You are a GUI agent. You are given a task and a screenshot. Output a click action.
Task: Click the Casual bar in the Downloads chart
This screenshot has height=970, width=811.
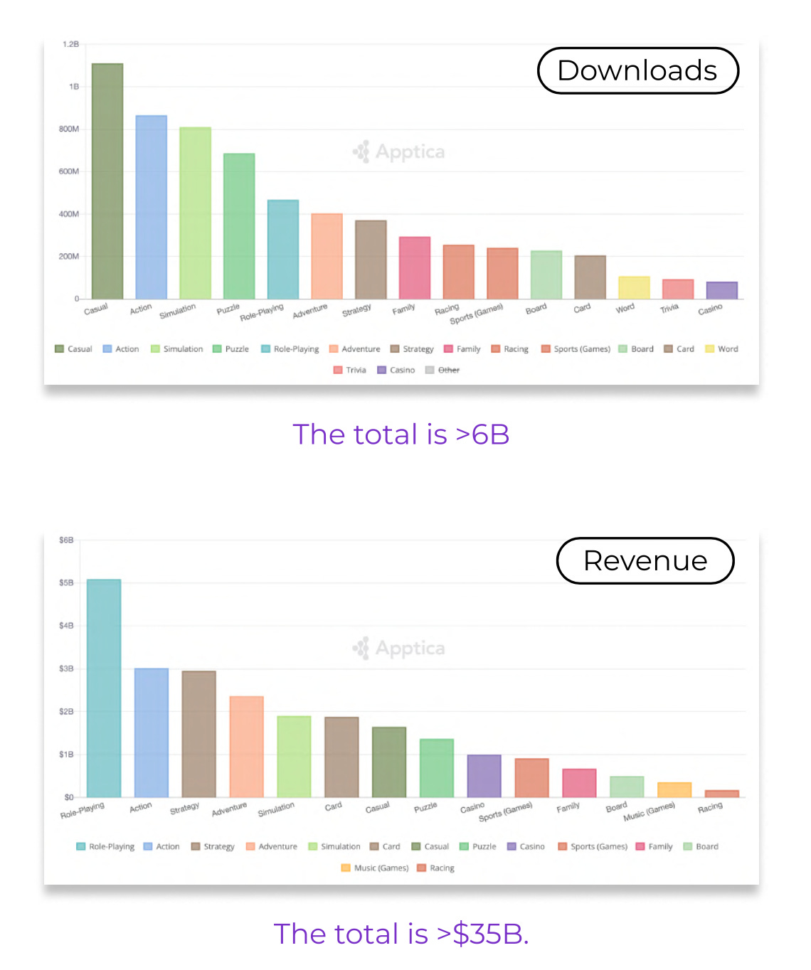click(x=107, y=181)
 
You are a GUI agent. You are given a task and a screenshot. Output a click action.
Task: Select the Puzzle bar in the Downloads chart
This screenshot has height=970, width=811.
click(x=239, y=226)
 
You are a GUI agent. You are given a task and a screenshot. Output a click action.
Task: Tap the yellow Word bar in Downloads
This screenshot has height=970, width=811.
click(x=634, y=288)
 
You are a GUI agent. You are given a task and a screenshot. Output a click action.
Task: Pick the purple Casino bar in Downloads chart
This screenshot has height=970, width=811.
click(x=721, y=290)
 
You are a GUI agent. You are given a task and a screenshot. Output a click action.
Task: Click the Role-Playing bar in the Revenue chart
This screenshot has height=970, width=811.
click(x=104, y=688)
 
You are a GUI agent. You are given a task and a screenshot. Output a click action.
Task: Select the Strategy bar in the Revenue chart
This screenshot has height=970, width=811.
click(x=198, y=734)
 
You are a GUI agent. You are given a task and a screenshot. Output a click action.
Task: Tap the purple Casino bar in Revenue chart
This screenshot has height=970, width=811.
click(x=484, y=776)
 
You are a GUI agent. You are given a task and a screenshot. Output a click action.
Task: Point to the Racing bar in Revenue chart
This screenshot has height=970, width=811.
click(x=721, y=794)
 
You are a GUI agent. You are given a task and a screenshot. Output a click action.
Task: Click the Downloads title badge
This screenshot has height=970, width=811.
click(x=637, y=71)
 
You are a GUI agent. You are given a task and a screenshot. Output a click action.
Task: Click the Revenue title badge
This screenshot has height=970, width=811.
click(x=645, y=561)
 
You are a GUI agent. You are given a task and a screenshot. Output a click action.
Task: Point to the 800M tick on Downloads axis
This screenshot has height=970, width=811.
click(x=69, y=129)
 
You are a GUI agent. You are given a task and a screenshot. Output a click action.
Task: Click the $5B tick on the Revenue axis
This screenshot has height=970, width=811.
click(x=66, y=583)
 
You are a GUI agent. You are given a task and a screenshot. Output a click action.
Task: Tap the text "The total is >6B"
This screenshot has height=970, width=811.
click(x=401, y=435)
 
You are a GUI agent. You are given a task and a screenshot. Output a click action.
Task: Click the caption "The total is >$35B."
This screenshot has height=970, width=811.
click(x=401, y=934)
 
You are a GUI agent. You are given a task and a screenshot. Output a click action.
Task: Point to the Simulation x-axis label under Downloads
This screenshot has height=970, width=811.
click(x=177, y=311)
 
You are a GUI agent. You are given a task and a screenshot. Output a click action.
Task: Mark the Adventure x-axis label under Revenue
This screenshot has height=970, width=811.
click(x=229, y=809)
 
